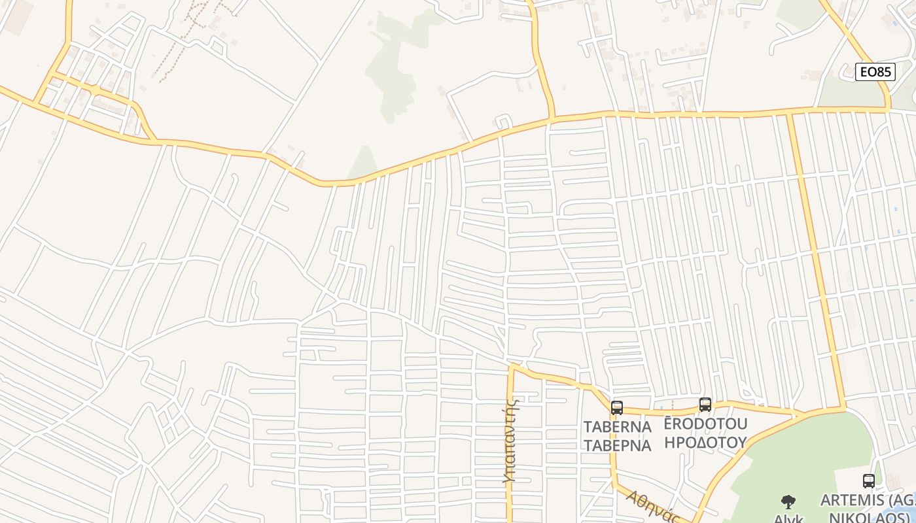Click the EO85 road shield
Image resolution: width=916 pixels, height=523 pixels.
pos(875,72)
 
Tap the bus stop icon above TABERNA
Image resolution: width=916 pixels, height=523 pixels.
pos(616,409)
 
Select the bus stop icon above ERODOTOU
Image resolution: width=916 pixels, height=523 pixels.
pos(705,405)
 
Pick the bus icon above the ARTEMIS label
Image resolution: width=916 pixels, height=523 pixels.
pos(868,481)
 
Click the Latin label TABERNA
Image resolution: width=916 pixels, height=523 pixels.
pos(617,427)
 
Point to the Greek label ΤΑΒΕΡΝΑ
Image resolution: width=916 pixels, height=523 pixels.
pos(617,446)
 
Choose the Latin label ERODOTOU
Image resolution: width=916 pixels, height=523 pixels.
pos(705,424)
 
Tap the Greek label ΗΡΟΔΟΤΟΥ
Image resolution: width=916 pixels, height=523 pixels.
pos(705,442)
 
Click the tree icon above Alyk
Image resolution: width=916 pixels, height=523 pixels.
pos(788,502)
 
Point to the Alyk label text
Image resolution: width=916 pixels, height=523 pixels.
pos(788,518)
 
